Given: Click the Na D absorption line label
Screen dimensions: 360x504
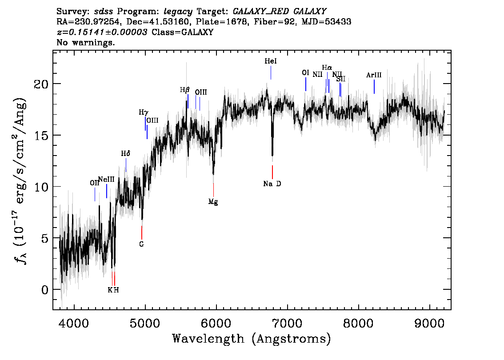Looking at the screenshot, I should click(272, 184).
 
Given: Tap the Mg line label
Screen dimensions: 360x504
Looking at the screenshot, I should click(213, 202).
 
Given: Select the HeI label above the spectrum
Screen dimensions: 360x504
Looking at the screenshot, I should click(270, 62).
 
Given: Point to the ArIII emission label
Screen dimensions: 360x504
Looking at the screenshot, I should click(374, 76).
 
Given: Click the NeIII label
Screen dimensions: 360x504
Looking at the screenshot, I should click(106, 180).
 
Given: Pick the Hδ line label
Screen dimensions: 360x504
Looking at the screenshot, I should click(125, 154).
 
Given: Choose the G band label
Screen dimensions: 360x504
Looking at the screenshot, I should click(141, 244).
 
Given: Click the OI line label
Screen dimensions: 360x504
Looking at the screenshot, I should click(305, 73).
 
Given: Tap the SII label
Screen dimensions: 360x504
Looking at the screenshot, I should click(341, 79).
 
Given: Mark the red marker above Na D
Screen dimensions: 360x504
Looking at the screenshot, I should click(272, 172).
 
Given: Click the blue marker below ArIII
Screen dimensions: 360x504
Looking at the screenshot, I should click(374, 87).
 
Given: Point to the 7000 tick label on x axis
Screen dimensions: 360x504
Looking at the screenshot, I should click(287, 321).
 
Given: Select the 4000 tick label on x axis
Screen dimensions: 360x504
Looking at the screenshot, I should click(74, 321).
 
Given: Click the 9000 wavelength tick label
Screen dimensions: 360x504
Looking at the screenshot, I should click(430, 321).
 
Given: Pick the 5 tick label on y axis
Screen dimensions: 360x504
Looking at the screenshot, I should click(44, 238).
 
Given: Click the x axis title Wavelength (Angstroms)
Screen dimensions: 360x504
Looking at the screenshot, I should click(252, 339).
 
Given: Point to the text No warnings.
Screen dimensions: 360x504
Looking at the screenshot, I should click(86, 43).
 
